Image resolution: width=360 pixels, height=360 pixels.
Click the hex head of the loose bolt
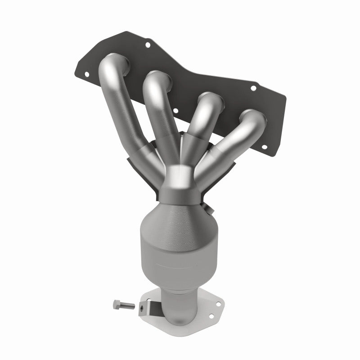coord(116,305)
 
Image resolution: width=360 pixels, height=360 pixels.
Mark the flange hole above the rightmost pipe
coord(253,88)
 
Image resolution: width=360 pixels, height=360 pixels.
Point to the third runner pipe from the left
coord(198,119)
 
